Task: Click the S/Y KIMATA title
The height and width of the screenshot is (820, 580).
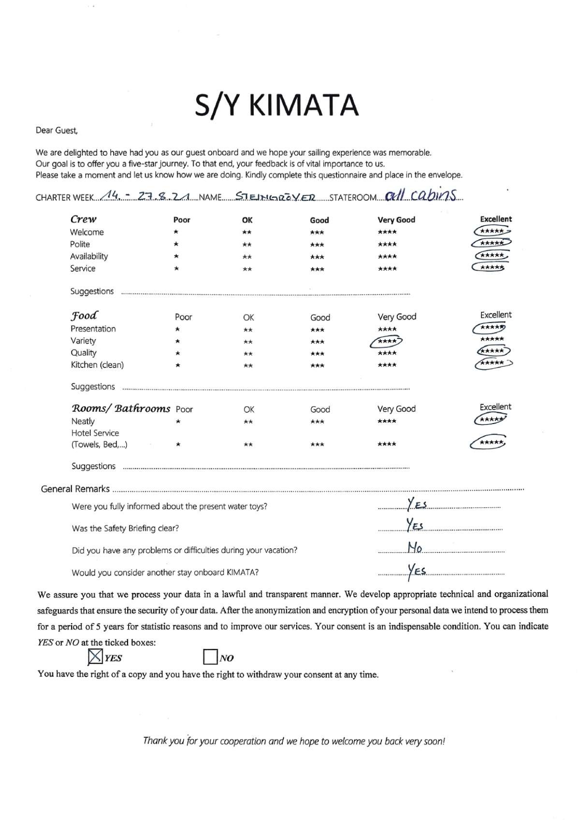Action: pos(276,106)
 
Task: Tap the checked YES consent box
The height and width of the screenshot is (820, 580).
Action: pos(96,657)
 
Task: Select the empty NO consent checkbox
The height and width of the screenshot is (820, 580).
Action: pos(210,657)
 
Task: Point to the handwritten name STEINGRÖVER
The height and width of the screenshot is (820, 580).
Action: pos(275,197)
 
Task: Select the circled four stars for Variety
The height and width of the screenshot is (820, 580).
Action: pos(386,341)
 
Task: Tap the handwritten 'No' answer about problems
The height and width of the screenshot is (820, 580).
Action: pos(415,548)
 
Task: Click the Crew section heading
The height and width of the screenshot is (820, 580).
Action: pos(83,219)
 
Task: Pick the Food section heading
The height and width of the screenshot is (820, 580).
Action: pos(84,316)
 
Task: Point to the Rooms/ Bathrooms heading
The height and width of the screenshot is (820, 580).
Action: pos(121,408)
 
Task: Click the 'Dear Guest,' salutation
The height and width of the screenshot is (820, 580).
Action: pos(57,130)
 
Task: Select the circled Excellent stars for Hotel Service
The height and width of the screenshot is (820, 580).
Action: pos(489,442)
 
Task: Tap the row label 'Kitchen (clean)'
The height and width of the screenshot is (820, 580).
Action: pos(97,365)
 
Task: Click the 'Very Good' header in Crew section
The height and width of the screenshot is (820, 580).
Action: pos(396,220)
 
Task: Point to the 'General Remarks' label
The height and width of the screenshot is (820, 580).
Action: pos(75,489)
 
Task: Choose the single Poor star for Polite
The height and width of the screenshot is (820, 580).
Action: pos(176,244)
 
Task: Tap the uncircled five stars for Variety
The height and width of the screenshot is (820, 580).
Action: pos(492,339)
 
